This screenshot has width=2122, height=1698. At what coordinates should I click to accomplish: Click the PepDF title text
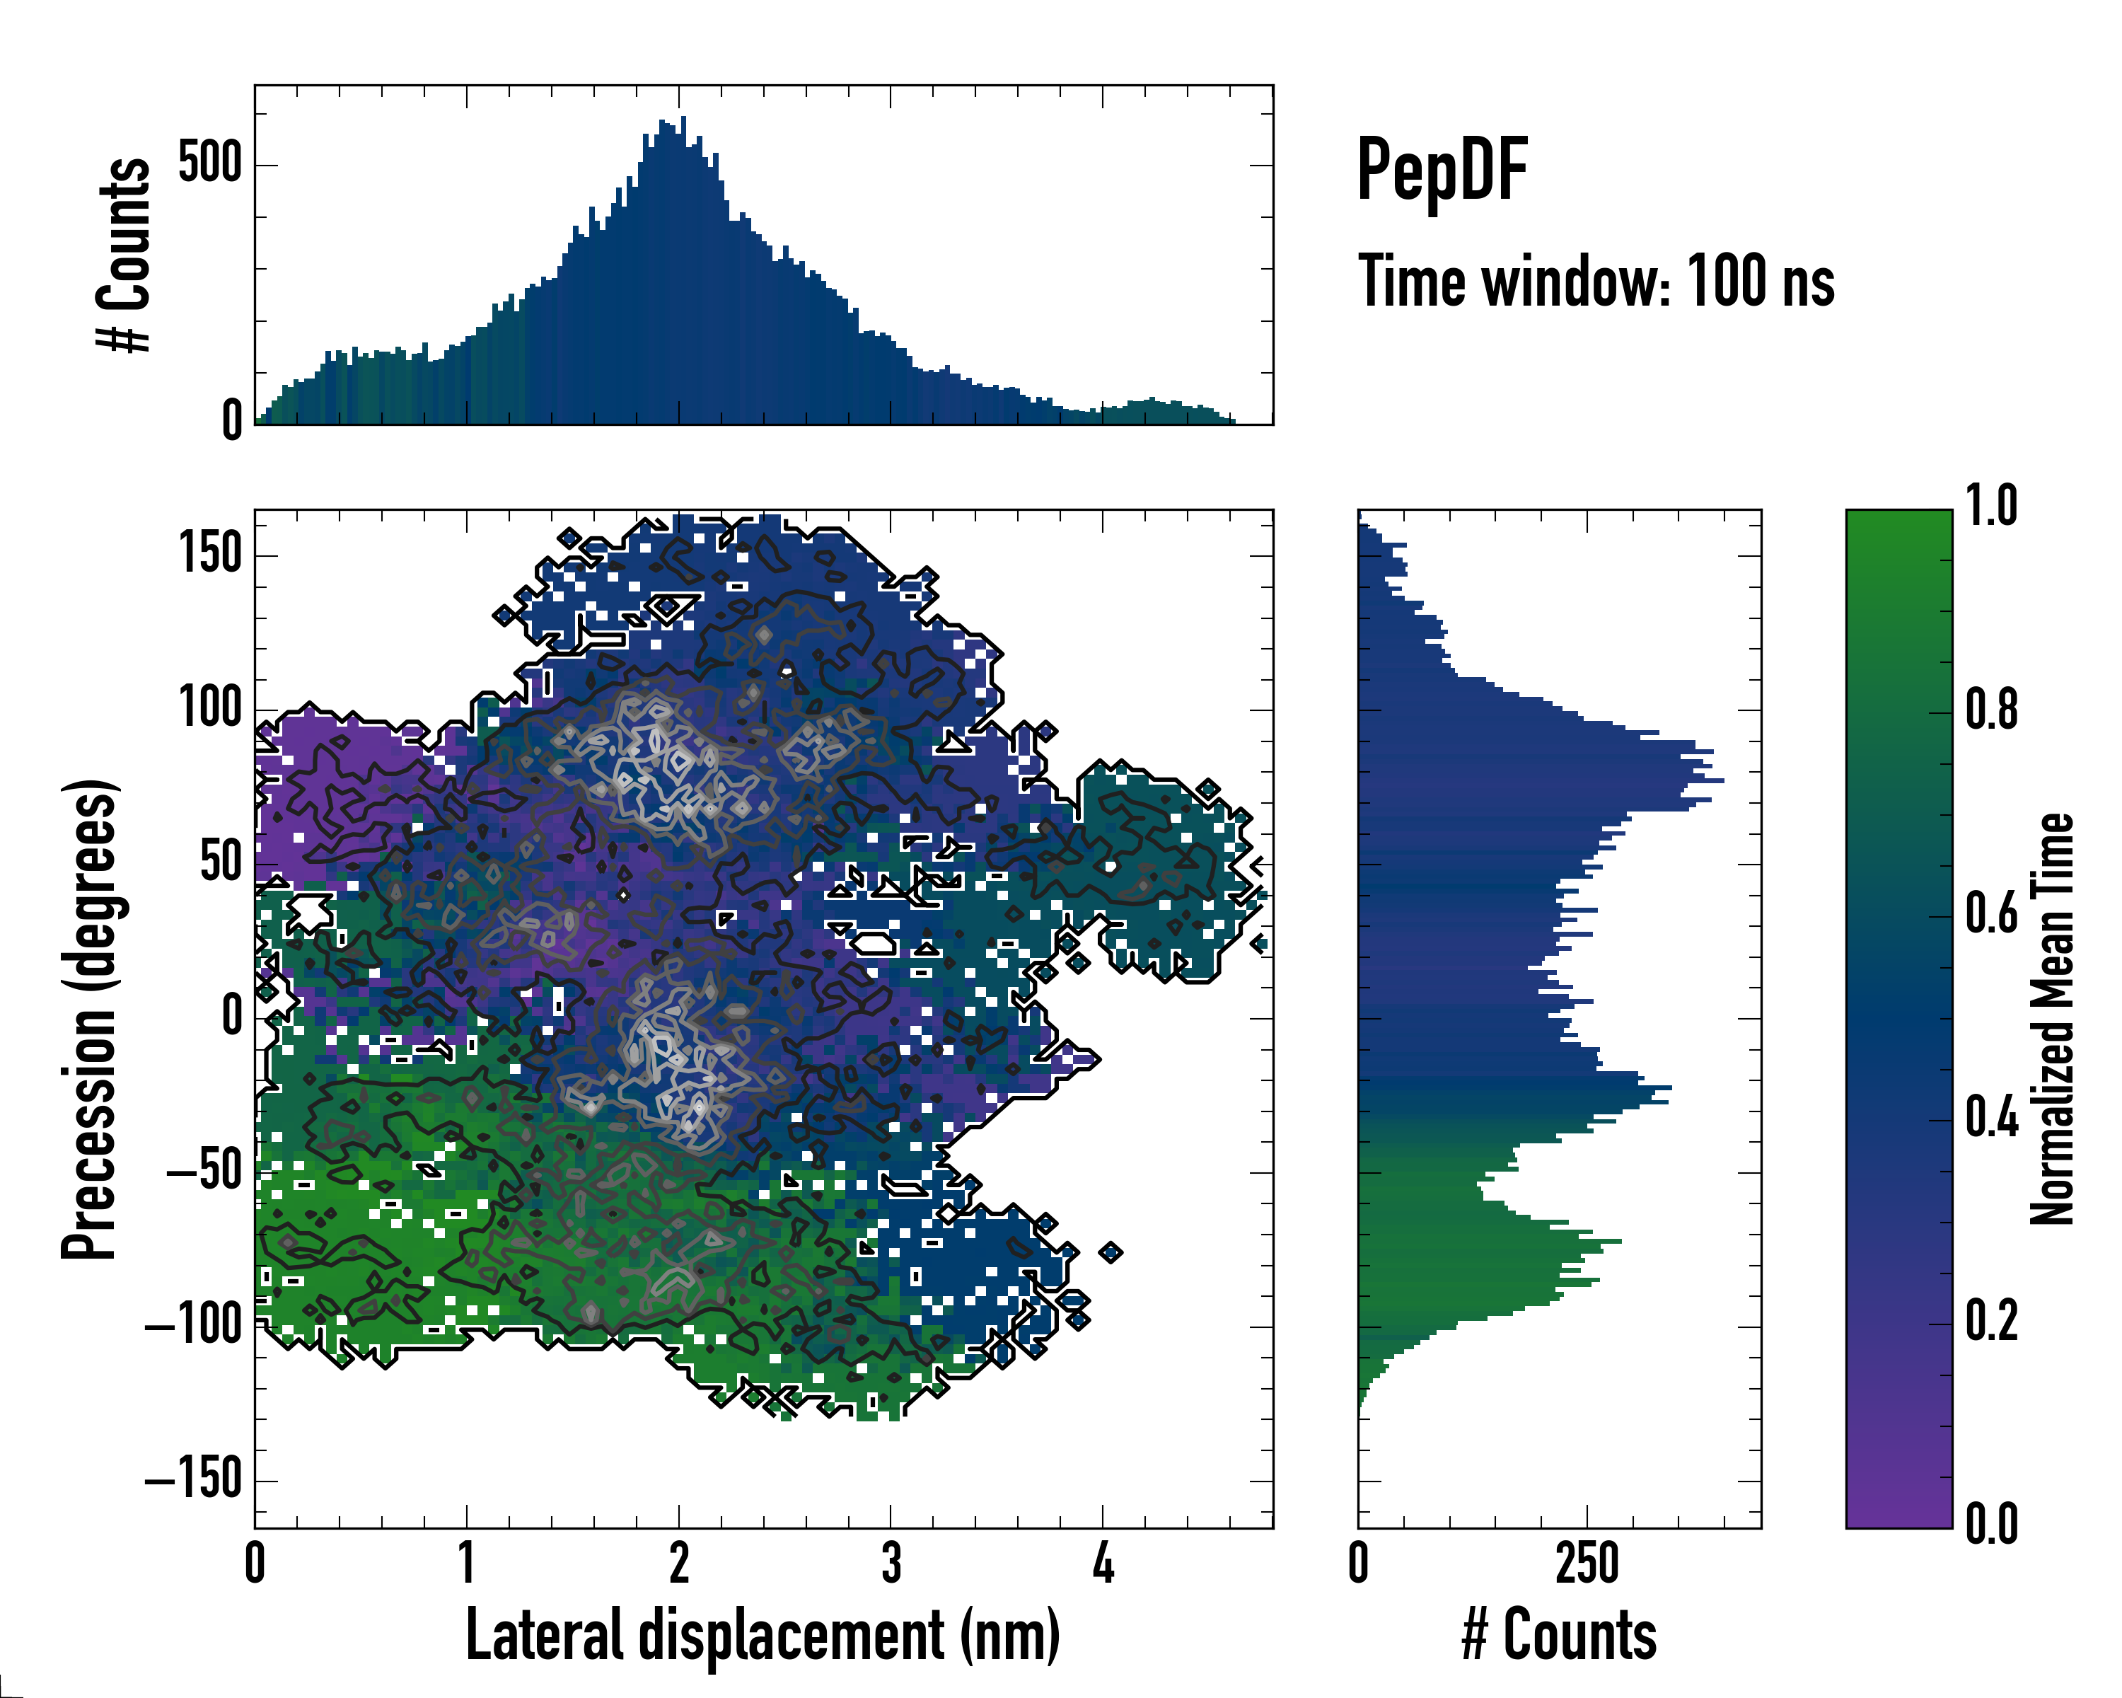tap(1442, 171)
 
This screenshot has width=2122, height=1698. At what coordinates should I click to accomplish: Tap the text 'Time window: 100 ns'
tap(1596, 282)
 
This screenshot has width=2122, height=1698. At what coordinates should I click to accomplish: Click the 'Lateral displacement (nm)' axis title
tap(763, 1635)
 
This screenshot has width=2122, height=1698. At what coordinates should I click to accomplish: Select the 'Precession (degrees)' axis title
tap(90, 1019)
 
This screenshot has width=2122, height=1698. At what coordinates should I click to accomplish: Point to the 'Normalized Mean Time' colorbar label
tap(2052, 1019)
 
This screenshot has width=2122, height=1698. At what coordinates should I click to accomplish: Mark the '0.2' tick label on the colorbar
tap(1991, 1321)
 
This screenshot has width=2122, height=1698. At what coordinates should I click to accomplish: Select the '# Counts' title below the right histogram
tap(1559, 1635)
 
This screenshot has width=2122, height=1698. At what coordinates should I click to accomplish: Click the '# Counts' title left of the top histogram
tap(124, 254)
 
